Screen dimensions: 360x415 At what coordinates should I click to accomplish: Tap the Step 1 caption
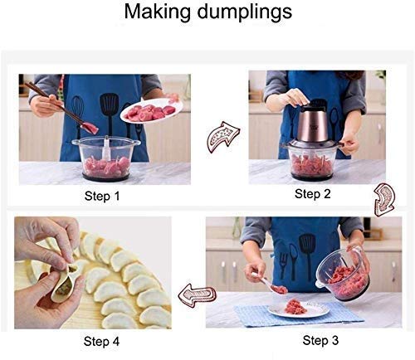[x=102, y=197]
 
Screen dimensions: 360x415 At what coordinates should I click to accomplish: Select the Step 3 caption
[x=320, y=339]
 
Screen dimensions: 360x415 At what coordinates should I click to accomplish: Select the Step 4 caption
[x=101, y=340]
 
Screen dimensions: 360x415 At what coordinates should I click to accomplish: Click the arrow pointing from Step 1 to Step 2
[x=223, y=134]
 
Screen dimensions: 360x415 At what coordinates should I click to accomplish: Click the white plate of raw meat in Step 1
[x=149, y=110]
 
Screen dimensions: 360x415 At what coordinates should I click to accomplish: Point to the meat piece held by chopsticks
[x=91, y=127]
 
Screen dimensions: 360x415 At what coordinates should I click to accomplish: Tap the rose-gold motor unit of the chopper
[x=310, y=124]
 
